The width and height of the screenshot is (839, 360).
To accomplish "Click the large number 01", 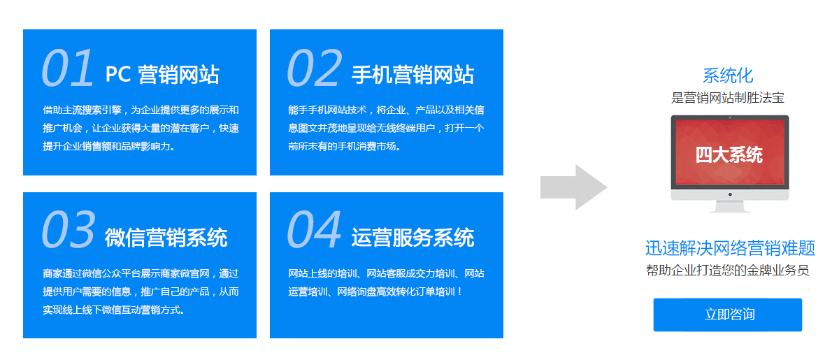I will click(67, 69).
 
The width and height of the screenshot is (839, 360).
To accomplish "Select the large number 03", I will click(68, 230).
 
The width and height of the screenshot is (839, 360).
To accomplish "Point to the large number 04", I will click(314, 230).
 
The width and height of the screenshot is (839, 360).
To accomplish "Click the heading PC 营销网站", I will click(162, 75).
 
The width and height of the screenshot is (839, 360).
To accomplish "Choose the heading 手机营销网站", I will click(413, 75).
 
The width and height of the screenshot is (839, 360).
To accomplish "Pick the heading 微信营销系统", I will click(166, 238).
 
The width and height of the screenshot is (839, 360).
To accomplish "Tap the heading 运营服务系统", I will click(413, 238).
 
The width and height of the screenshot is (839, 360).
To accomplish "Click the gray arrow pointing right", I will click(573, 187).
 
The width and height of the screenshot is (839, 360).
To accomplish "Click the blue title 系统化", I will click(728, 75).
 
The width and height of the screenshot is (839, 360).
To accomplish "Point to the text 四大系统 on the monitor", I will click(729, 154).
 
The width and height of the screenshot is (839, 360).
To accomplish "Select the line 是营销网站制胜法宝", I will click(728, 98).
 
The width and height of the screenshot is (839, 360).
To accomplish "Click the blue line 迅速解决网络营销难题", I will click(729, 248).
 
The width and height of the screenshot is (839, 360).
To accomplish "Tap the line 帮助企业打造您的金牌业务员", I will click(728, 271).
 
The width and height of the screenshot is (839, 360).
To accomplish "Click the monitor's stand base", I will click(729, 208).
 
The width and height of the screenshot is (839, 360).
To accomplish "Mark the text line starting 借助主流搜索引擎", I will click(141, 110).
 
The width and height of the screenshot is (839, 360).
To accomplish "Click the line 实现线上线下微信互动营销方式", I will click(114, 309).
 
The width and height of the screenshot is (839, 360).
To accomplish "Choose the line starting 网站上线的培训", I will click(386, 273).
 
